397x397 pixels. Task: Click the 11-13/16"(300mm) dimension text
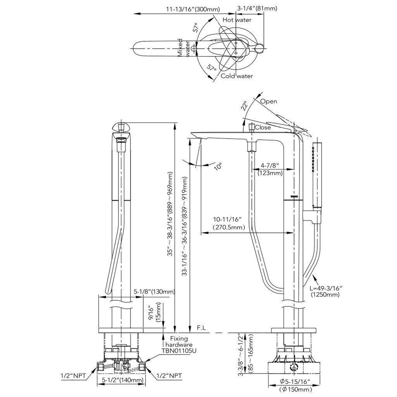click(x=193, y=9)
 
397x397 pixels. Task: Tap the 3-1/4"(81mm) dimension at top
click(x=257, y=9)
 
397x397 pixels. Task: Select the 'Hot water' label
click(x=237, y=20)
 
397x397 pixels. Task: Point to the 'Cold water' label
click(x=237, y=76)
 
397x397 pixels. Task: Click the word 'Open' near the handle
click(x=268, y=101)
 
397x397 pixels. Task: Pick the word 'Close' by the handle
click(x=263, y=127)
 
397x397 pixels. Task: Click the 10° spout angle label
click(x=218, y=166)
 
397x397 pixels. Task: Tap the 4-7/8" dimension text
click(x=270, y=165)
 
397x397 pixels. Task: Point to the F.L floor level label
click(x=201, y=328)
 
